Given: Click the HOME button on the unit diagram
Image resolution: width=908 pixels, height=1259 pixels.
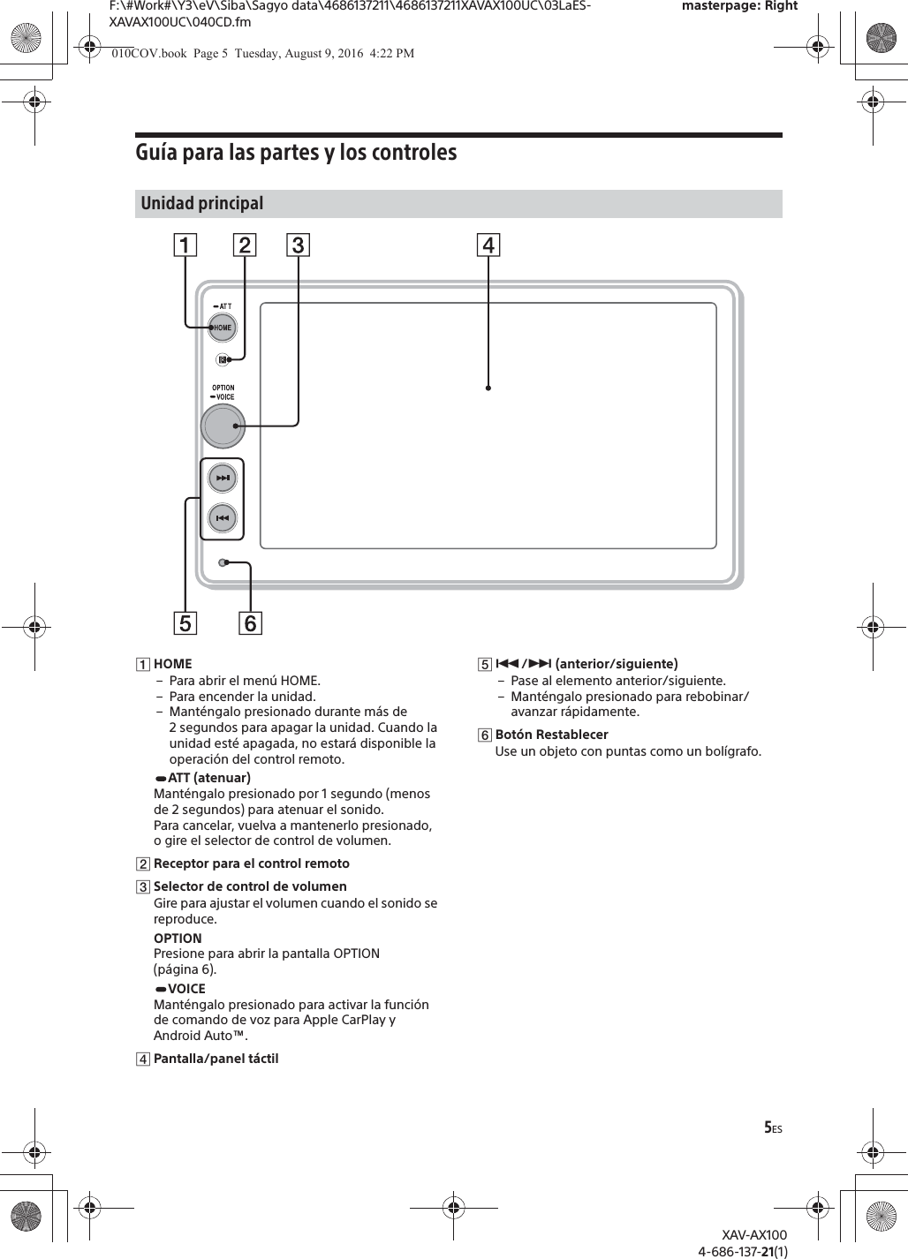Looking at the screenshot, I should [222, 328].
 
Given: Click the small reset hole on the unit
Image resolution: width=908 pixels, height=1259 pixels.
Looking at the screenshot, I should [223, 562].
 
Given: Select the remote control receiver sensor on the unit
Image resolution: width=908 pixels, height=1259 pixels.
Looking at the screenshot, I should [222, 359].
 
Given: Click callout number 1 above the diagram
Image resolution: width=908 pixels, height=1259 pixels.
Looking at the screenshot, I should [185, 245].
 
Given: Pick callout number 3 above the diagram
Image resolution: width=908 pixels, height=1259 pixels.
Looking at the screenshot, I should [299, 245].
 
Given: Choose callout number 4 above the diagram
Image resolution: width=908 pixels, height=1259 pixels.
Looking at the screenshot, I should [488, 245].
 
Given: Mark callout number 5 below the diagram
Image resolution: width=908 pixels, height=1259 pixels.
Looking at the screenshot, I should [185, 623].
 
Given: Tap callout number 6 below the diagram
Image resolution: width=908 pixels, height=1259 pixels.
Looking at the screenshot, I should [251, 623].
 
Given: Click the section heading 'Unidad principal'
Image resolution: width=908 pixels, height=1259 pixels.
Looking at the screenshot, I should [202, 203].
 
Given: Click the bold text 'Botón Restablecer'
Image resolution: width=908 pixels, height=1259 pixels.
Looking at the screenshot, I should [551, 735].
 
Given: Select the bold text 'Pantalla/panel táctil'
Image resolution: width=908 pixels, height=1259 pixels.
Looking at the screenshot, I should [216, 1058].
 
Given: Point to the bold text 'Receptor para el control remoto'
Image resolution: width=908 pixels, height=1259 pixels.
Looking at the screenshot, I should [251, 863].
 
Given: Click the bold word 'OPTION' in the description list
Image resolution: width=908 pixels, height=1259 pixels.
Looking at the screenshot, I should [178, 938].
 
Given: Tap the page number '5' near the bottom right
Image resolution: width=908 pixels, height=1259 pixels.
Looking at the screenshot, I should [768, 1127].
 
